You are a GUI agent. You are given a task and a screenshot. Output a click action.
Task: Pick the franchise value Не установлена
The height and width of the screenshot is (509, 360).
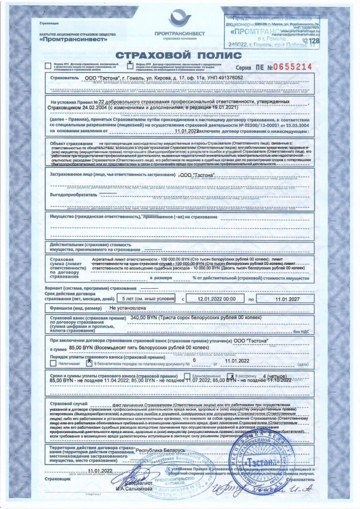129,308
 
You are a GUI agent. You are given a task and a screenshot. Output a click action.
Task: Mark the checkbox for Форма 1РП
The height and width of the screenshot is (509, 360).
48,65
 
